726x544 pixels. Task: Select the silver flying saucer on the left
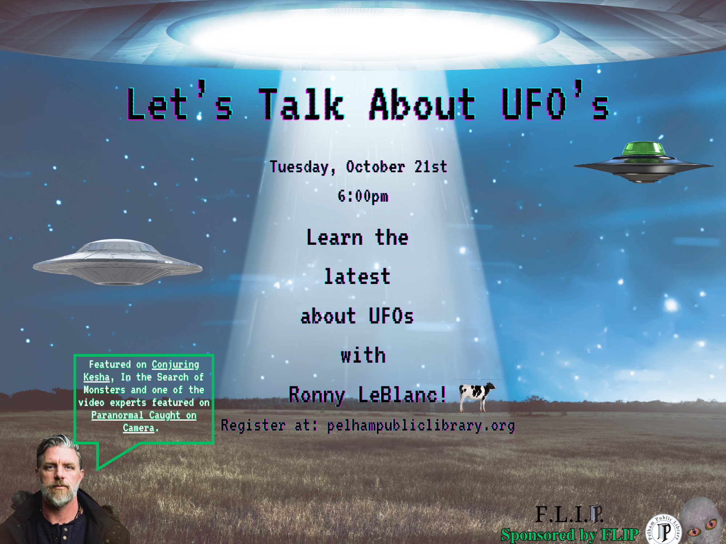pyautogui.click(x=117, y=261)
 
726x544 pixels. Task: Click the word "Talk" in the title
pyautogui.click(x=301, y=104)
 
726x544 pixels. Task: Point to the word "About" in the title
pyautogui.click(x=423, y=104)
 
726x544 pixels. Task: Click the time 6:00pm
pyautogui.click(x=363, y=197)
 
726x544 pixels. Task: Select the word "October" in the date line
pyautogui.click(x=375, y=167)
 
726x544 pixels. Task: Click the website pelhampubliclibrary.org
pyautogui.click(x=421, y=426)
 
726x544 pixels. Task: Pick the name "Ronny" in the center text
pyautogui.click(x=317, y=395)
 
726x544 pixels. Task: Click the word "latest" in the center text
pyautogui.click(x=357, y=277)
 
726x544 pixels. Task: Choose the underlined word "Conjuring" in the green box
pyautogui.click(x=175, y=365)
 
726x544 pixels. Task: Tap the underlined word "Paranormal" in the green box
pyautogui.click(x=118, y=415)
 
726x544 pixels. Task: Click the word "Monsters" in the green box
pyautogui.click(x=104, y=390)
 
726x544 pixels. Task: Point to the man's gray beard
pyautogui.click(x=58, y=493)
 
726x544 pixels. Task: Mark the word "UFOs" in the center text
pyautogui.click(x=391, y=316)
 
